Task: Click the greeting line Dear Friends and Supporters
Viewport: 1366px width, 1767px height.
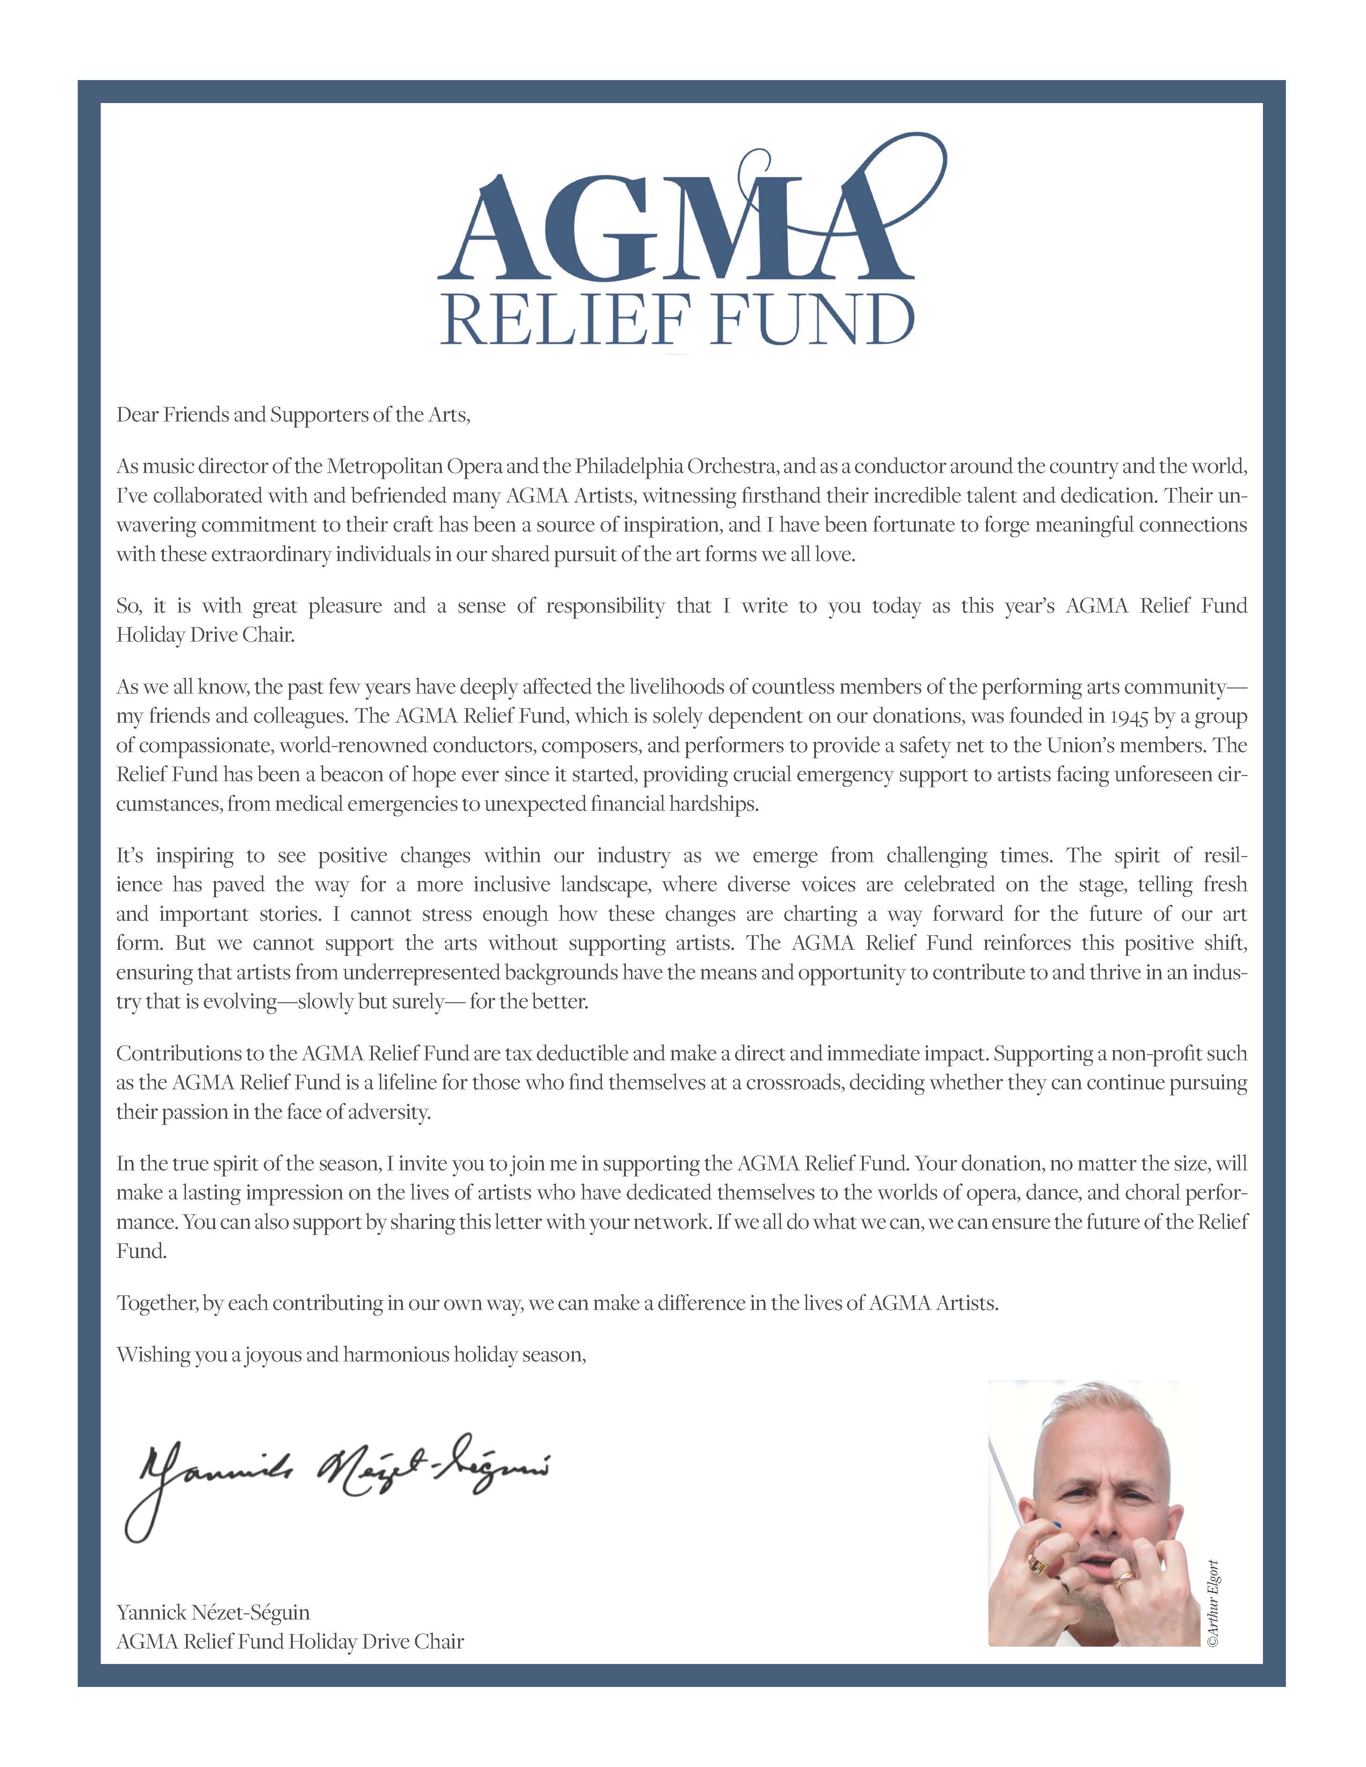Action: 293,415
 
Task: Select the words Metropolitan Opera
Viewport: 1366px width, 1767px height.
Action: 416,467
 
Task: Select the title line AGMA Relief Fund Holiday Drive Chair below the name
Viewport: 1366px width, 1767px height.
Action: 290,1641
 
